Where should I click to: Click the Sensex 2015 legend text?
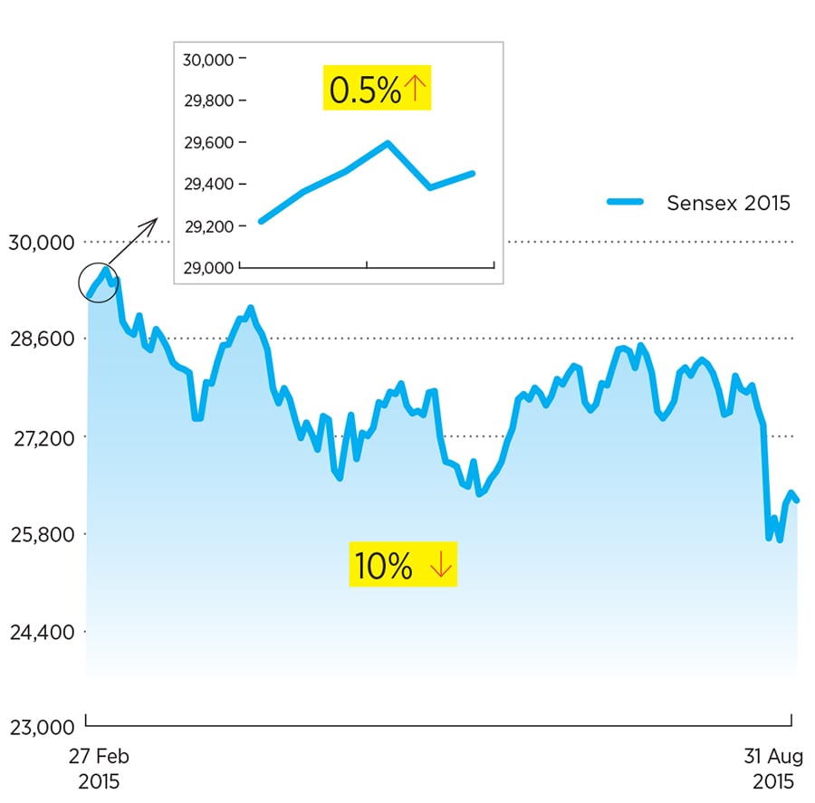[728, 203]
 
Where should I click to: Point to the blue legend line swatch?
[625, 203]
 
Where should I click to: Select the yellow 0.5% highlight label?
[377, 90]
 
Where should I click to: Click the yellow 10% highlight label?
[403, 566]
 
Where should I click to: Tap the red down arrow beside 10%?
[440, 566]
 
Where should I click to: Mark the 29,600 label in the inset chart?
[208, 143]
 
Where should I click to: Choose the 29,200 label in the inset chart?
[208, 226]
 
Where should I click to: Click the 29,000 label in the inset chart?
[208, 268]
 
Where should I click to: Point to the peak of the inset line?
[388, 143]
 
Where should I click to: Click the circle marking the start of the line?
[99, 283]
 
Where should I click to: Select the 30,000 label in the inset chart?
[208, 60]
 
